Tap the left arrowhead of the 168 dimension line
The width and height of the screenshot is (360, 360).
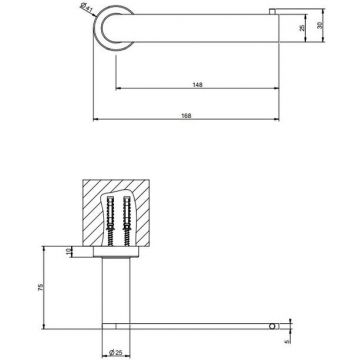[x=96, y=119]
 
